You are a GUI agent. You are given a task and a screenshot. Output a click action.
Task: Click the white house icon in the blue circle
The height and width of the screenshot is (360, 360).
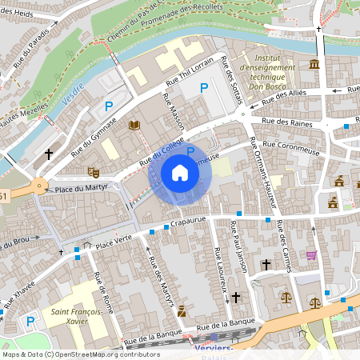click(180, 173)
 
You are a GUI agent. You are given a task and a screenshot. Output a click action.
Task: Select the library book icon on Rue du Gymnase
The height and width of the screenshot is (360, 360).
click(134, 125)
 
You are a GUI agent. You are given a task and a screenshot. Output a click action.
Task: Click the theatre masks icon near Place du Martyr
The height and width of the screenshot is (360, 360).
click(94, 171)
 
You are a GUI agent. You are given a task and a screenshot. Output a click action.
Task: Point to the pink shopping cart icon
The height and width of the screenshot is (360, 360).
click(311, 255)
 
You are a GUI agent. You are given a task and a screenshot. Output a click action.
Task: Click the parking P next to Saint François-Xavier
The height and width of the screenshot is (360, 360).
click(30, 322)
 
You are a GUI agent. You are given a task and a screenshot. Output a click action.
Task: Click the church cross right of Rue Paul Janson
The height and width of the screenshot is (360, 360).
click(266, 264)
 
